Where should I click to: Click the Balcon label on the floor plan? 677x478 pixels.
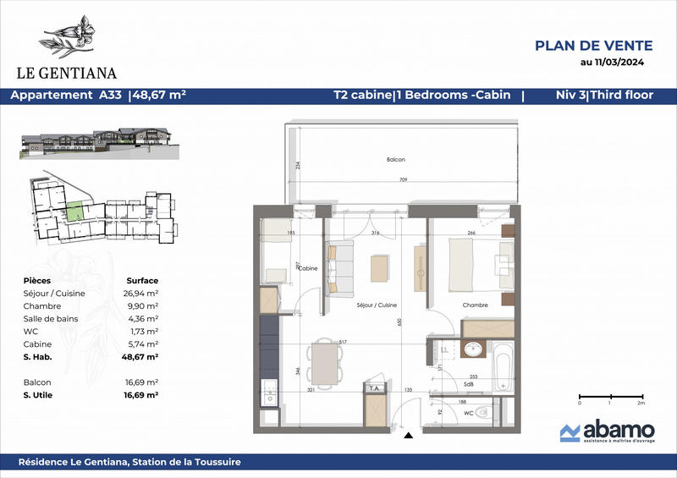point(397,160)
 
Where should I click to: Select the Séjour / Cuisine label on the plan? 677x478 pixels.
point(377,305)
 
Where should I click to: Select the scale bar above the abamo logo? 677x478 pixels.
point(609,396)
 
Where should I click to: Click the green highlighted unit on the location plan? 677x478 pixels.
point(76,209)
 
